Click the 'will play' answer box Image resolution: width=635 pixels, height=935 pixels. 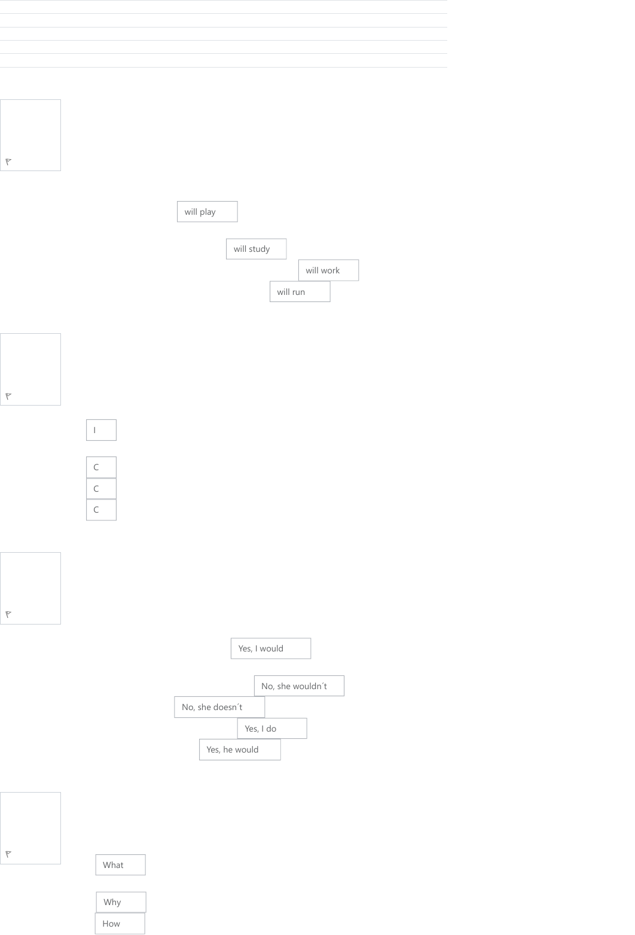207,212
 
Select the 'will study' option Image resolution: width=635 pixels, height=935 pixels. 256,249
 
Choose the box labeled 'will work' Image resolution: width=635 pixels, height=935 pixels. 328,270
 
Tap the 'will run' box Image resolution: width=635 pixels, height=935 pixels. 300,291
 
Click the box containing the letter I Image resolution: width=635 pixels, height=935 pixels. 102,430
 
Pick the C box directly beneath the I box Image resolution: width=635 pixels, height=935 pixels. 102,467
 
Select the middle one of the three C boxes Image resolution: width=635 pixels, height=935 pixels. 102,488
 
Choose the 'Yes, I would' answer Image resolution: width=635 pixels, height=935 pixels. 271,648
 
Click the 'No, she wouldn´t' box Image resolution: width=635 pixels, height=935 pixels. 299,686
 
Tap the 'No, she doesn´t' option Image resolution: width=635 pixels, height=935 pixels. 219,707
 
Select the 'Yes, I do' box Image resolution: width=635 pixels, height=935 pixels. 272,729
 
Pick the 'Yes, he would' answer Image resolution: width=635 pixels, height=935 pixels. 240,750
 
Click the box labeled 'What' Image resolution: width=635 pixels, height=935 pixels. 121,865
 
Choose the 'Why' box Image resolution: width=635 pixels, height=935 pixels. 121,903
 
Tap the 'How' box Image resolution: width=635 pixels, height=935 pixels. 120,924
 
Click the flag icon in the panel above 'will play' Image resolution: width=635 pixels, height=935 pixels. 8,162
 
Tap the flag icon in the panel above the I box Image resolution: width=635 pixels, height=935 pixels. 8,396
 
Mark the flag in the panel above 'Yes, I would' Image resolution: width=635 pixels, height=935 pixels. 8,614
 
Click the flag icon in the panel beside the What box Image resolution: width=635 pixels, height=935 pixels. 8,854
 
